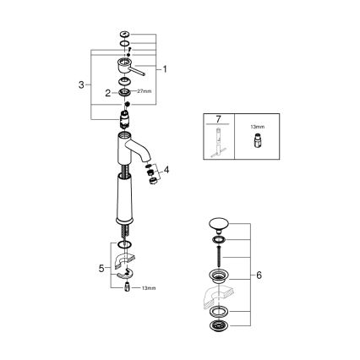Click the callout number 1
coord(166,70)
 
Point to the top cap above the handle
coord(125,34)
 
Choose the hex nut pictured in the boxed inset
coord(254,144)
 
